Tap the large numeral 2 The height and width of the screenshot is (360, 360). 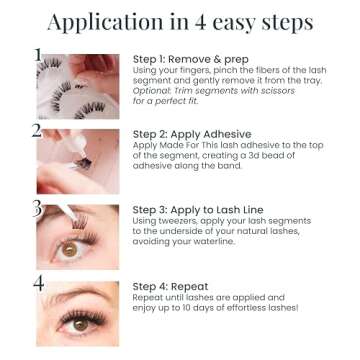click(x=38, y=131)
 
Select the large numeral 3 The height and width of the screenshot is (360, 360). click(x=38, y=209)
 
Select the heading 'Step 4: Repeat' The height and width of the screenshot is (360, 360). click(x=171, y=286)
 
